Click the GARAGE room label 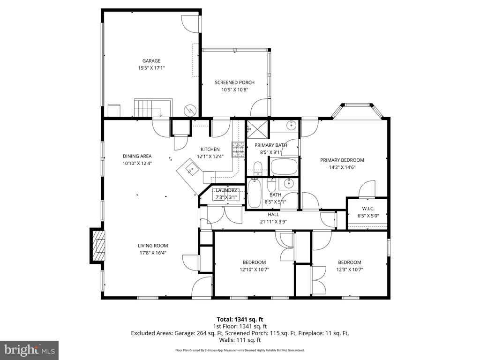point(151,61)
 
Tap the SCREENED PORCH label point(234,82)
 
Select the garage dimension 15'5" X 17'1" point(151,68)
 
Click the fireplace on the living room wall point(98,246)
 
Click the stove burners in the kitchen point(238,150)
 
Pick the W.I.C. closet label point(367,209)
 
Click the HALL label point(273,215)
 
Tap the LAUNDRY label point(226,190)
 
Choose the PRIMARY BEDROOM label point(342,160)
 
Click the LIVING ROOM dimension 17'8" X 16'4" point(152,253)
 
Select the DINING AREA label point(137,156)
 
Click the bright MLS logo point(29,350)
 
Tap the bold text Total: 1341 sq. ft point(240,319)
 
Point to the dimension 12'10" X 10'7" point(254,270)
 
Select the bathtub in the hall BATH point(255,193)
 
